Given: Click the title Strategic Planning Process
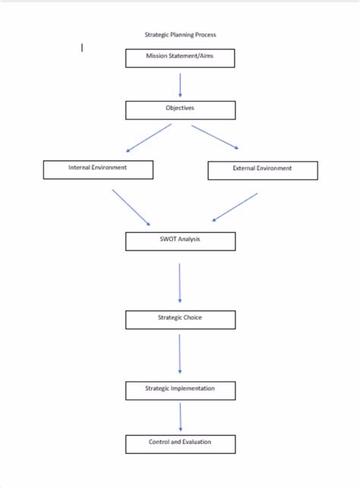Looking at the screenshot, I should (180, 34).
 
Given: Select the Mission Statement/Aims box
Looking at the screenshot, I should (180, 58).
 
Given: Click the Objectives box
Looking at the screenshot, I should (180, 109).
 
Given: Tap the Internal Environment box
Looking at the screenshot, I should (98, 169).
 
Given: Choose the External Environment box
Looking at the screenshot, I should (262, 170).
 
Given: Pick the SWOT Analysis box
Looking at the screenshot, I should (180, 241).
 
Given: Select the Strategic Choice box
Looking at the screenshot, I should (180, 319).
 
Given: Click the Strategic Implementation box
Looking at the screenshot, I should (180, 390).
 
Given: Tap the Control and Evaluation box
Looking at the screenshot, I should (180, 443).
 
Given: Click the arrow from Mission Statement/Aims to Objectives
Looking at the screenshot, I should (180, 85).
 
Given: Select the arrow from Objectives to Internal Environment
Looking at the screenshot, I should (149, 138).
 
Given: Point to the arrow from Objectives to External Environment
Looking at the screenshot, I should (216, 137).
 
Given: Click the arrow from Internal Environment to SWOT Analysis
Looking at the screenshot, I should (131, 207).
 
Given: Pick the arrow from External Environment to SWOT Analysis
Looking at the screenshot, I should (235, 207).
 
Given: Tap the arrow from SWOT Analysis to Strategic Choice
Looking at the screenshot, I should (180, 283).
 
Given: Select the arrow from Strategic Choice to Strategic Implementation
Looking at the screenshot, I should (180, 354).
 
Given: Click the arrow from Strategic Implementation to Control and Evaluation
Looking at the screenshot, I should (180, 417).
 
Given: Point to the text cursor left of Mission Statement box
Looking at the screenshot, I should (82, 48).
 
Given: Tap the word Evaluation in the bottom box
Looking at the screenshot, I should (196, 442).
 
